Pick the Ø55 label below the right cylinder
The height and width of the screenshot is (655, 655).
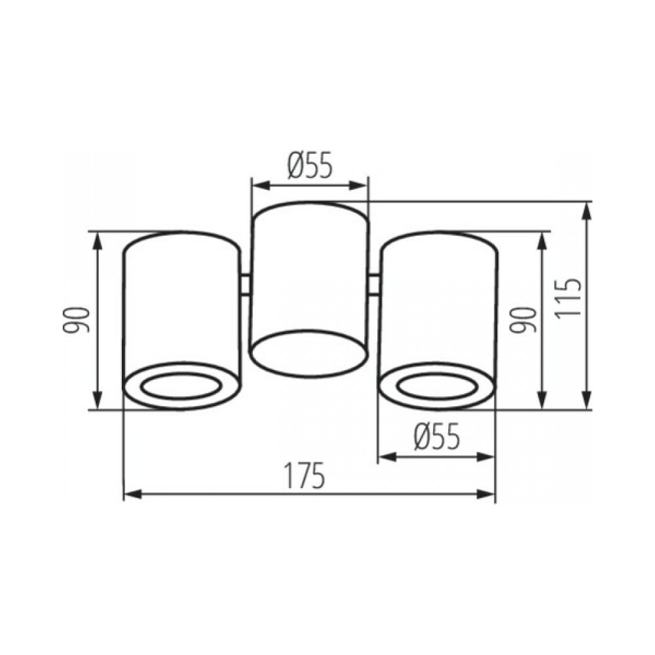436,436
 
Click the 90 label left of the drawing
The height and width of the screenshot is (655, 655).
76,320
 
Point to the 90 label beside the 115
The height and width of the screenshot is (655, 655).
522,320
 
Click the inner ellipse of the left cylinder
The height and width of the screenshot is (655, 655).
181,387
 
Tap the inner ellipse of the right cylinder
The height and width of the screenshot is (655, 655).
437,387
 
